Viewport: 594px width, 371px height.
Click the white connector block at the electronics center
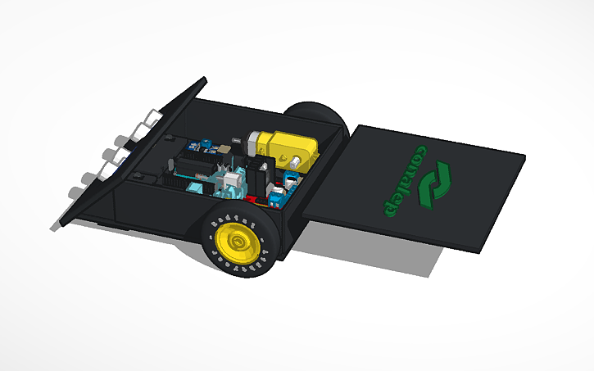coord(232,179)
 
